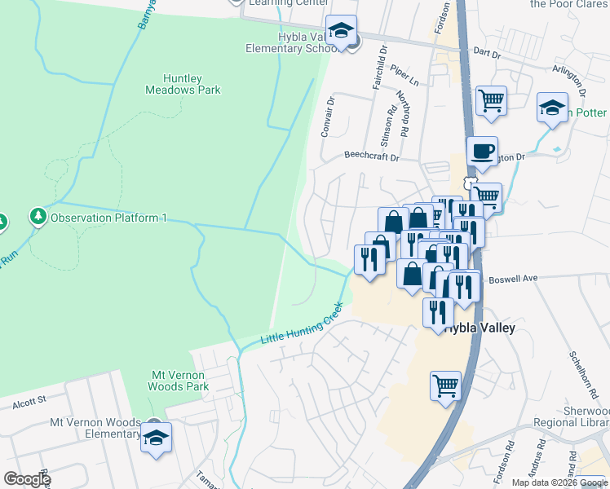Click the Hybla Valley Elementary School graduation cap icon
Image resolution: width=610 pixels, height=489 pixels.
(x=341, y=32)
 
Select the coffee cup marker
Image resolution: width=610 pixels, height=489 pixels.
(x=482, y=151)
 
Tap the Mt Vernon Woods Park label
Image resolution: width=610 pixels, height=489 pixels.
(x=180, y=381)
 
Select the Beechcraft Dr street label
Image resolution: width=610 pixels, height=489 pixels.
(x=371, y=156)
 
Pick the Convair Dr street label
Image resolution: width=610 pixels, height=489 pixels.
(x=329, y=118)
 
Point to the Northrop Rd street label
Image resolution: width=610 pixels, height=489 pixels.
(x=403, y=113)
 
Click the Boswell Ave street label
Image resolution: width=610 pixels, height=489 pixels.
(x=513, y=279)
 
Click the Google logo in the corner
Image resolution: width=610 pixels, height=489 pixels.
(x=27, y=479)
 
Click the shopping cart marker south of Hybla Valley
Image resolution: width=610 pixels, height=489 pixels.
(x=445, y=386)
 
